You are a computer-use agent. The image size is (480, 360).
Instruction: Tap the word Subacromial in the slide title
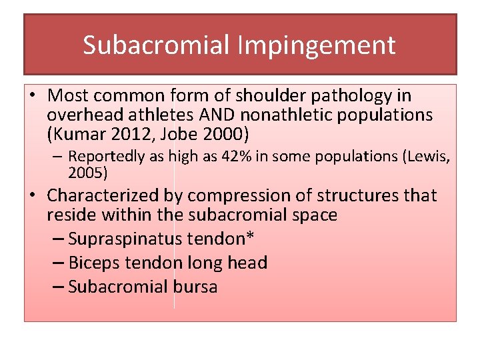click(157, 45)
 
